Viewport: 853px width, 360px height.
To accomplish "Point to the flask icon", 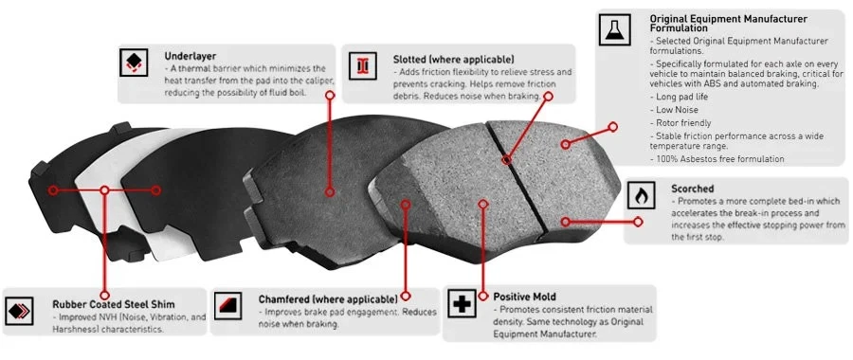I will (614, 31).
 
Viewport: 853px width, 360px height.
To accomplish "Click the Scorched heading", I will (692, 189).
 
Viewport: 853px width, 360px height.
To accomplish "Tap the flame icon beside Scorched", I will (643, 196).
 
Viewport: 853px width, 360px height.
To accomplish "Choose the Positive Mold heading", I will (528, 297).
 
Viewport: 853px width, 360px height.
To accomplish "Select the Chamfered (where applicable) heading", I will (320, 299).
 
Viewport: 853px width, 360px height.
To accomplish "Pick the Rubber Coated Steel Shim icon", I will (20, 310).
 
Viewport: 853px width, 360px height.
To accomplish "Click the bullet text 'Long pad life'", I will (683, 97).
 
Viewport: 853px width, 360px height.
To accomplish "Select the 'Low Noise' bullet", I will (677, 110).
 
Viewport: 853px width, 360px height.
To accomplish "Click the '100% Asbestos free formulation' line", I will (717, 159).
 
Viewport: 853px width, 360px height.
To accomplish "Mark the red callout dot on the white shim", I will (103, 190).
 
